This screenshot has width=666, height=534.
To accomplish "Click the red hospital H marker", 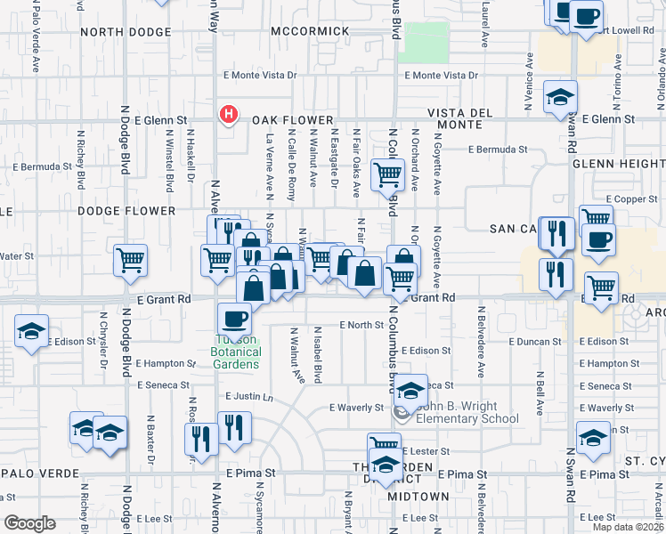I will (229, 115).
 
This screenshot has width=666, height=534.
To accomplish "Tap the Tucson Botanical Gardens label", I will (239, 352).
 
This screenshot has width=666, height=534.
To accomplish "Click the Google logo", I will (28, 523).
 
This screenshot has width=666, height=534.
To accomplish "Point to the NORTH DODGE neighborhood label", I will (124, 31).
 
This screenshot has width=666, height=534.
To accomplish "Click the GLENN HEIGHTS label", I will (618, 164).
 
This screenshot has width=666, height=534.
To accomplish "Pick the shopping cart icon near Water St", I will (131, 260).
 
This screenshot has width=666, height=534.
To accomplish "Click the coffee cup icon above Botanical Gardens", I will (235, 318).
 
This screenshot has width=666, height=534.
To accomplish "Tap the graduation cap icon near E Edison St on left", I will (31, 332).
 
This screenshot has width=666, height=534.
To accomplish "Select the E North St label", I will (360, 325).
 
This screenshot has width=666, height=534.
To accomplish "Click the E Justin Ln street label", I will (249, 396).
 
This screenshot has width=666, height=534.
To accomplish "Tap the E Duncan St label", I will (535, 341).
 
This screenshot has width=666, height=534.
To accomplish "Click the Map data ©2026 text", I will (628, 527).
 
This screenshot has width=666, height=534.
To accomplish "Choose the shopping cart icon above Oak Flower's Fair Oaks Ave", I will (388, 176).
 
